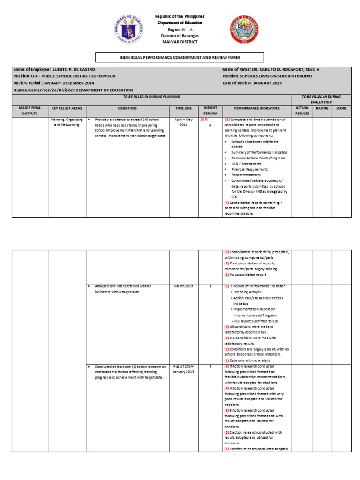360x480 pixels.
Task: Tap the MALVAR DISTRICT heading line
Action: (180, 42)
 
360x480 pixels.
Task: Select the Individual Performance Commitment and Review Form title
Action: (180, 57)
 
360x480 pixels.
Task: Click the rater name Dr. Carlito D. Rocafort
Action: (277, 69)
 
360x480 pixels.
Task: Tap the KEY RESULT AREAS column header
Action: (67, 108)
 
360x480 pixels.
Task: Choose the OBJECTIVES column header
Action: (127, 108)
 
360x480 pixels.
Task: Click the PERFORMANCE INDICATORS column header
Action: (257, 108)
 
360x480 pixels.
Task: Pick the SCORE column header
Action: (341, 108)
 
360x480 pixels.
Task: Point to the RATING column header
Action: (322, 108)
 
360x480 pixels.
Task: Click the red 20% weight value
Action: (204, 120)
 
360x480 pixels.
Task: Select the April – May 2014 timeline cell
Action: (183, 122)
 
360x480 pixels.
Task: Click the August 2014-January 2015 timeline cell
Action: (183, 368)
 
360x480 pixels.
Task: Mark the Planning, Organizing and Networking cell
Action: (67, 122)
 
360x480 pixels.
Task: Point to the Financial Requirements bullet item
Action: (250, 169)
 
